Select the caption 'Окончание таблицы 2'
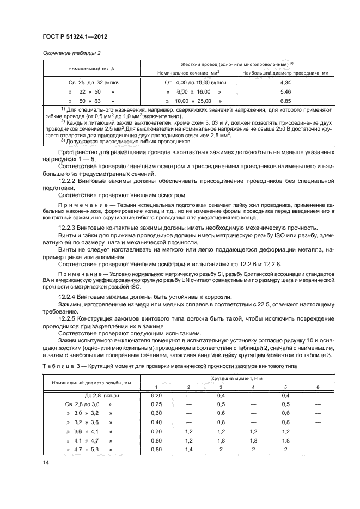68,53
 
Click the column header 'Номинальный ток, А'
91,69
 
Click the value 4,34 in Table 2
285,82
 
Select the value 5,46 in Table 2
285,92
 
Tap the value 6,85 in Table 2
285,101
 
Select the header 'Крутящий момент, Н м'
229,377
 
